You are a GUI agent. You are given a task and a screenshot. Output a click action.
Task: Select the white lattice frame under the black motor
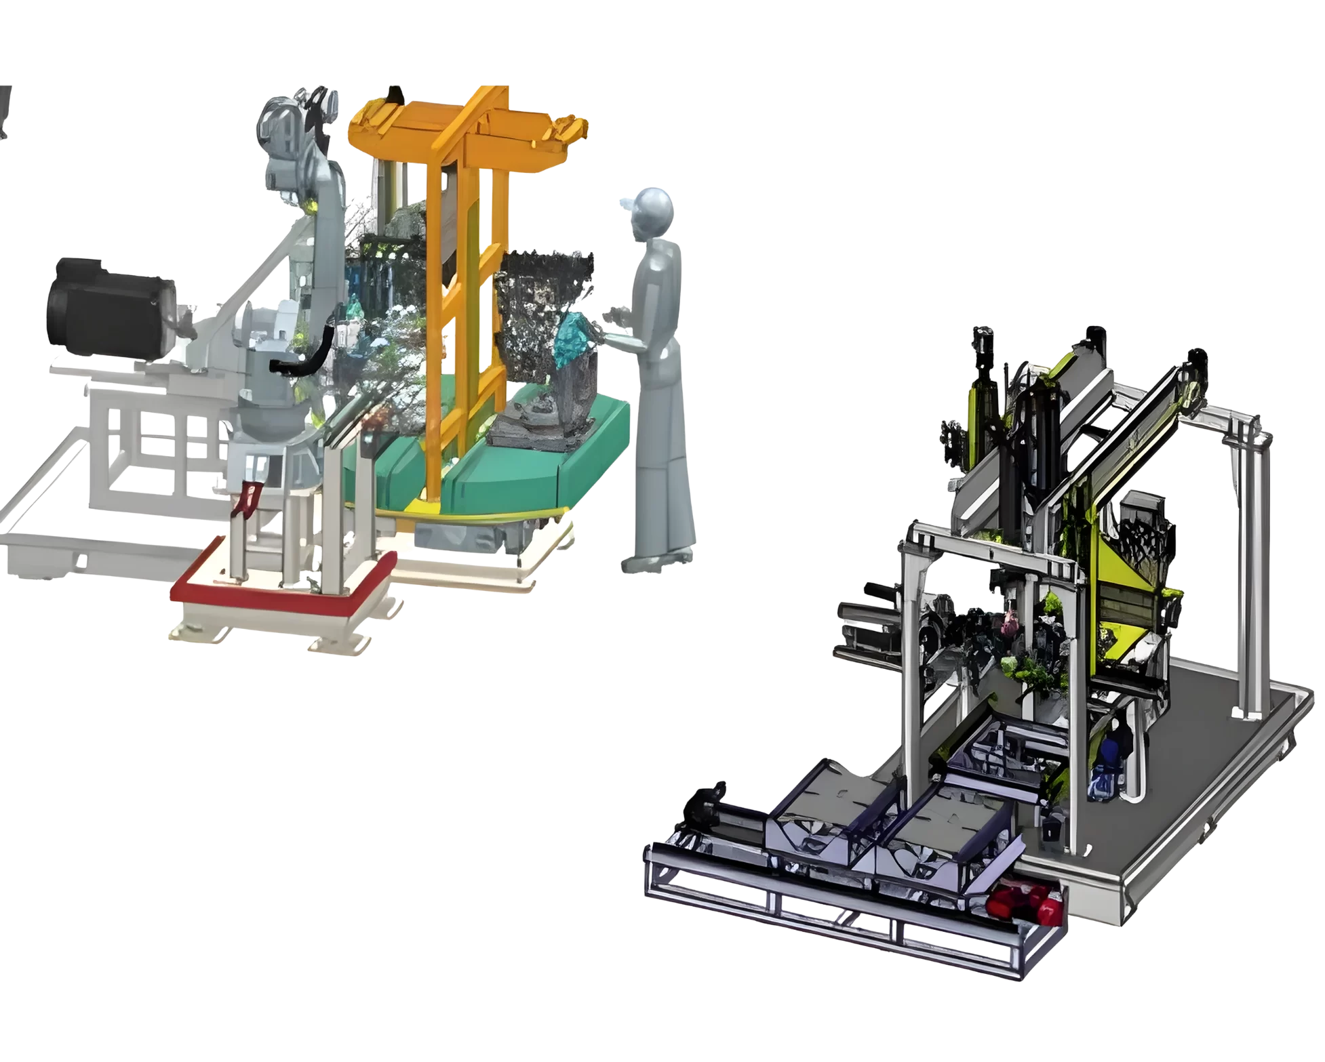tap(156, 441)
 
